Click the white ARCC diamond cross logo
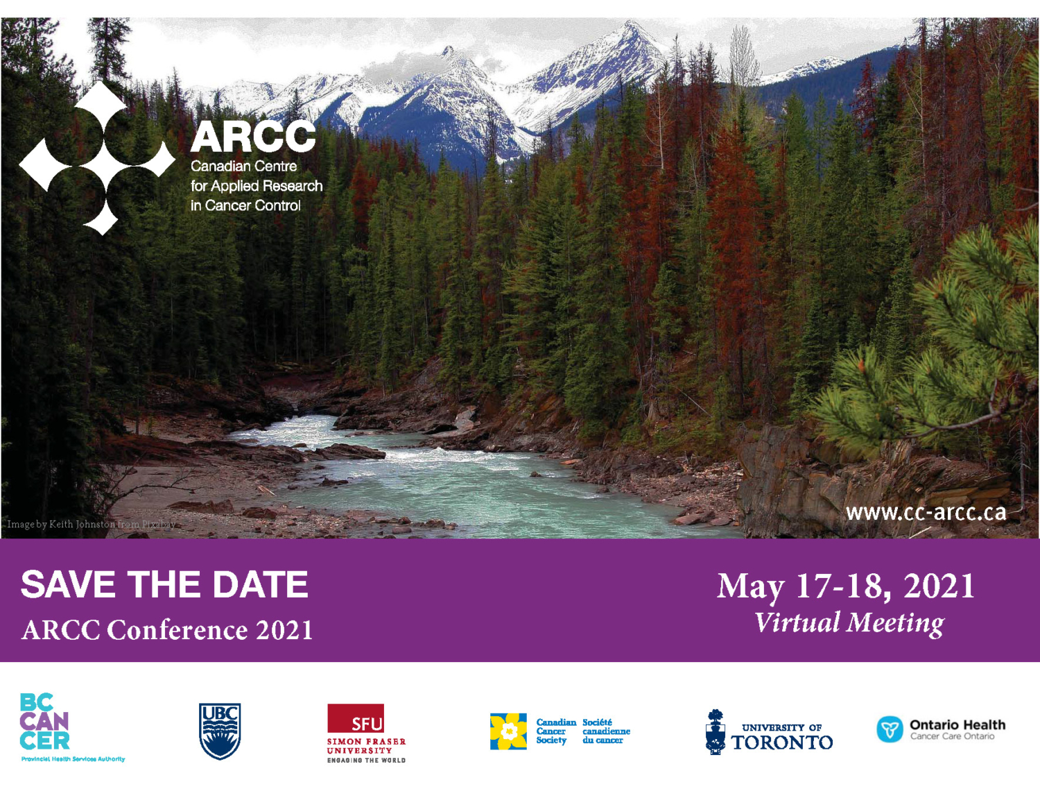pos(97,159)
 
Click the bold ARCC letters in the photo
pos(253,137)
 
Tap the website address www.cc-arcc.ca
pos(926,512)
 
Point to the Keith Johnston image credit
pos(91,524)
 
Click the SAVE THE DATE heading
pos(164,584)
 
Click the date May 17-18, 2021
pos(846,586)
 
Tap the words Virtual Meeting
pos(849,622)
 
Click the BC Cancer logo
pos(44,722)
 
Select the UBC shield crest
pos(220,731)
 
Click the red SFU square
pos(355,718)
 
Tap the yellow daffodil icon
pos(508,731)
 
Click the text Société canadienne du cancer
pos(606,731)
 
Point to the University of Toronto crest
pos(715,732)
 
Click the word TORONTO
pos(782,743)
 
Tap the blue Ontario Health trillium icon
pos(890,729)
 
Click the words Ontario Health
pos(957,724)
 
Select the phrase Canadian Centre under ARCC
pos(243,167)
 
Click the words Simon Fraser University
pos(366,746)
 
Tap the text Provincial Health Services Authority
pos(73,759)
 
